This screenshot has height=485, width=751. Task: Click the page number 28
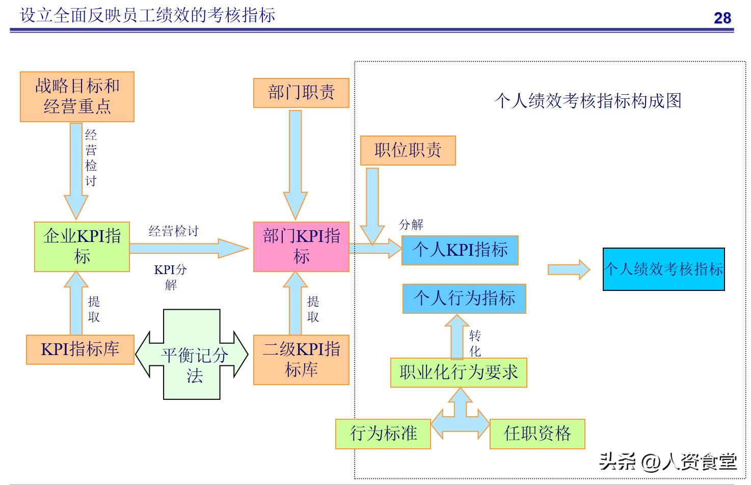point(722,18)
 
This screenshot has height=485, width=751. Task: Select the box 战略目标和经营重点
point(77,97)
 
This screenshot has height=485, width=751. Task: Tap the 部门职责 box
point(301,93)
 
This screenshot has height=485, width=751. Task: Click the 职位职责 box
point(408,150)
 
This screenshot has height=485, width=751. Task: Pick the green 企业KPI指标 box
point(82,247)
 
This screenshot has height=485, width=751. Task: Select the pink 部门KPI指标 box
point(301,247)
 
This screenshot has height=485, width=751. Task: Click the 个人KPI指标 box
point(460,250)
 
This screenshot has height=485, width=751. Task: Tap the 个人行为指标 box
point(464,299)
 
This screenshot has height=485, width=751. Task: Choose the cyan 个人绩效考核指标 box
point(663,269)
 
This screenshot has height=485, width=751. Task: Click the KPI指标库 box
point(80,349)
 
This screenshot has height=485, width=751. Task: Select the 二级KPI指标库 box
point(301,360)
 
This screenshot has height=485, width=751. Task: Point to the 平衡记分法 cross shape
point(192,355)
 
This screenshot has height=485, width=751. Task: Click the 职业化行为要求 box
point(459,373)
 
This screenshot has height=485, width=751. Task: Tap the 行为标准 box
point(383,434)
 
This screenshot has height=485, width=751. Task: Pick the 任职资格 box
point(537,434)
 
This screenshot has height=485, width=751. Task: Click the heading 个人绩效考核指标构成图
point(587,101)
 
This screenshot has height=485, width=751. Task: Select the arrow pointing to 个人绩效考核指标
point(568,270)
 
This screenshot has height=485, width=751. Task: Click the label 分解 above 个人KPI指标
point(411,225)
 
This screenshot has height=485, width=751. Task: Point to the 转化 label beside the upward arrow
point(475,343)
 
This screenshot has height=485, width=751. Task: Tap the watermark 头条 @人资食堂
point(667,462)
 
